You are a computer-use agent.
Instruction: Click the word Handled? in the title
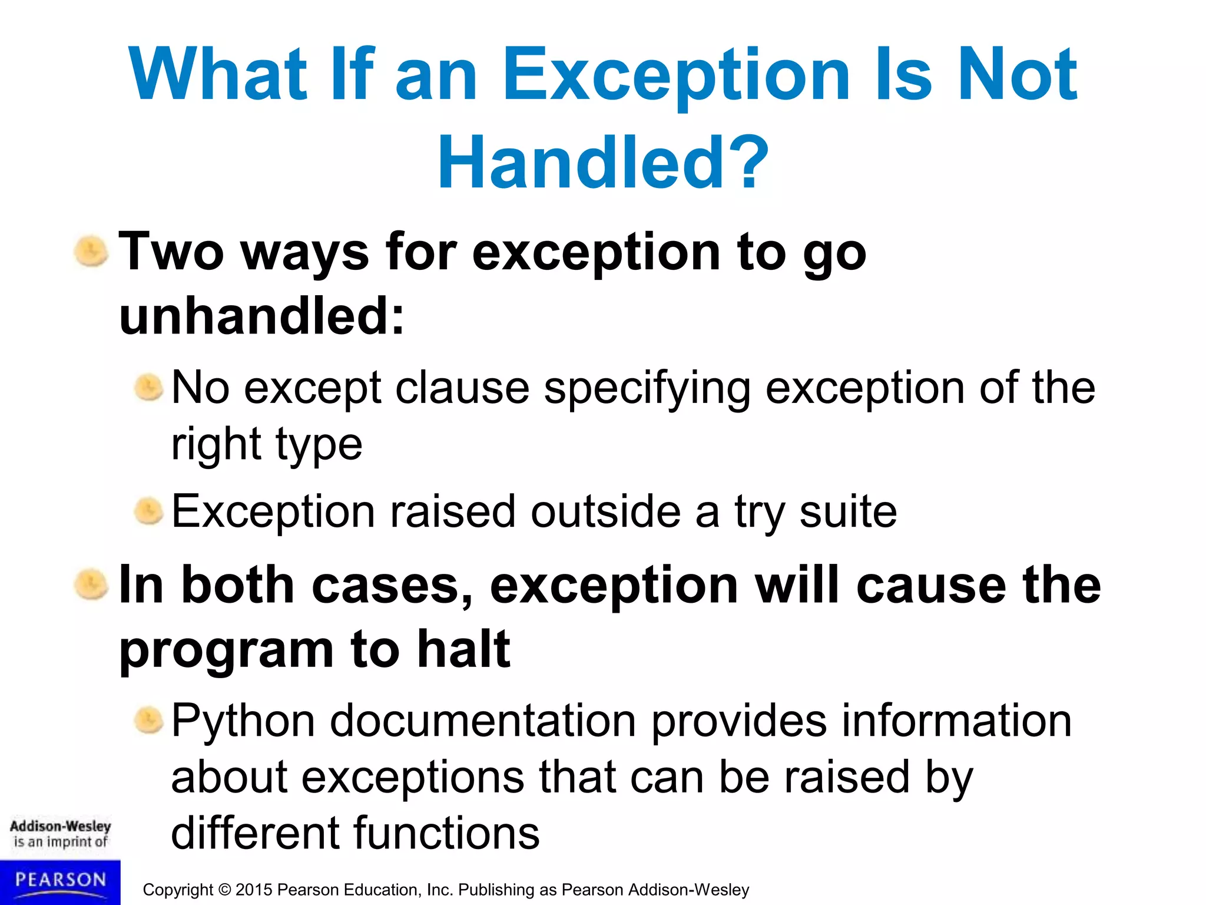603,162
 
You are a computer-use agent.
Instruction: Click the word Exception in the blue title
676,75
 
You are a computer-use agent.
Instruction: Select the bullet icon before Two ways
91,252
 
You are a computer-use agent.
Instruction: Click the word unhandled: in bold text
262,316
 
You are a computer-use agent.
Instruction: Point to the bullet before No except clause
148,388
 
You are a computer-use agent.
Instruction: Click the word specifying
647,389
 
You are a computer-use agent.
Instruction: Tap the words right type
266,445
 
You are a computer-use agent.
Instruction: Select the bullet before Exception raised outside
148,511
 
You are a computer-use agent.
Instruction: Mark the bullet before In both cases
91,584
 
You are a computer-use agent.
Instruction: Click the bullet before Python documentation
148,721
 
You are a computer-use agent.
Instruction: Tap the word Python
243,722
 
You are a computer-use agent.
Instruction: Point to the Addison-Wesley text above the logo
60,826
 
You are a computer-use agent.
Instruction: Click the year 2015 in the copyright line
254,890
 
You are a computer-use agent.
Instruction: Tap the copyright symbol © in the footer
224,890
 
